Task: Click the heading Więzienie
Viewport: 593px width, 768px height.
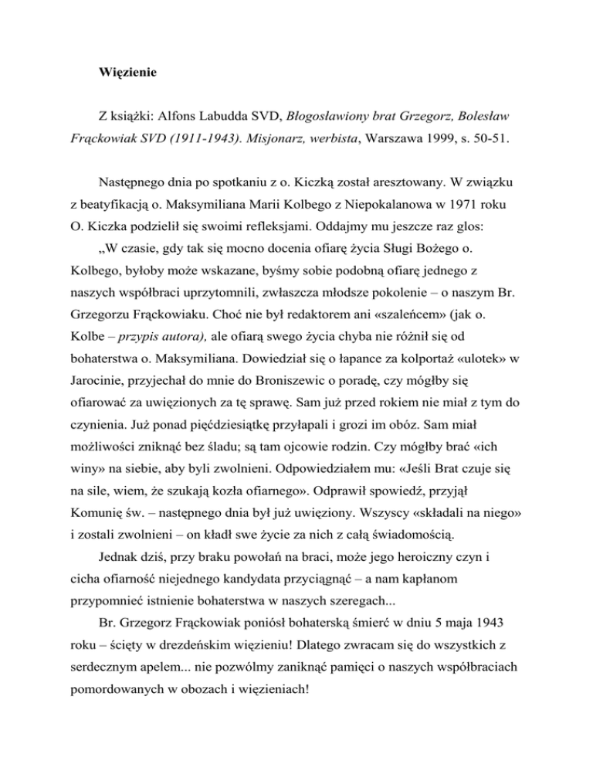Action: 129,73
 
